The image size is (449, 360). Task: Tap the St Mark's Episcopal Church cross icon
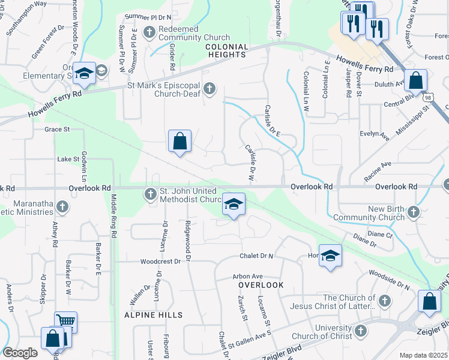click(209, 89)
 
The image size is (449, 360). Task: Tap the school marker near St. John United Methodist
click(234, 205)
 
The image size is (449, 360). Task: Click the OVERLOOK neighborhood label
click(261, 285)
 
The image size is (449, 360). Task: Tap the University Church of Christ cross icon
click(360, 331)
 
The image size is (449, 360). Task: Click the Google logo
click(20, 353)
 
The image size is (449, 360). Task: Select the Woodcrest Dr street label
click(160, 262)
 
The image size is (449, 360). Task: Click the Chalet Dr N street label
click(256, 256)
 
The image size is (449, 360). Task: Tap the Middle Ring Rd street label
click(112, 216)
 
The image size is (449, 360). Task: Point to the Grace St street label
click(57, 129)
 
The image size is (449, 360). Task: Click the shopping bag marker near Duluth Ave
click(415, 79)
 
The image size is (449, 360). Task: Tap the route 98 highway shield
click(427, 97)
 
